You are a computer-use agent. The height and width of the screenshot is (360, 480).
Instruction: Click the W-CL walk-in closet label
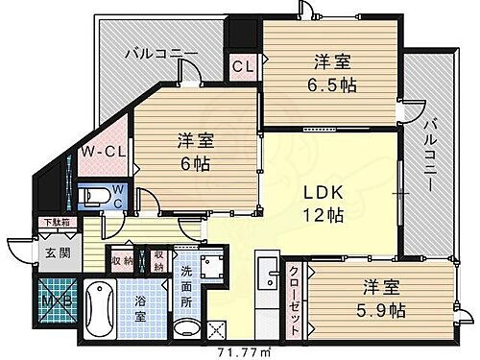coord(99,151)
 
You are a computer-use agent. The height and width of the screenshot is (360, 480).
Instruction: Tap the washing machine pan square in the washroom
coord(213,264)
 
